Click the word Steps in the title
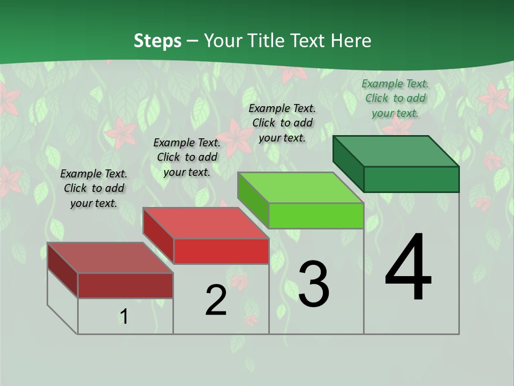pos(157,41)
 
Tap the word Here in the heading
pos(352,41)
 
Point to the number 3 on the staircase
pos(313,284)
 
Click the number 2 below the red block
pos(216,300)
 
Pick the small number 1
pos(124,316)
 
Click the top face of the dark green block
pos(396,151)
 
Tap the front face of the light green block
pos(316,216)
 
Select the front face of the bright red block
pos(221,251)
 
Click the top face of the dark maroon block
pos(110,258)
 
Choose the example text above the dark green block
pos(395,98)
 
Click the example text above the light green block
pos(282,123)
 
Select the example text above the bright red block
pos(187,157)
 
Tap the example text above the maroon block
pos(94,188)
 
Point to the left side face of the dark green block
pos(348,164)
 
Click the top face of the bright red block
pos(206,223)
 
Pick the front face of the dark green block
pos(411,179)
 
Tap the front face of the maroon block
pos(125,285)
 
